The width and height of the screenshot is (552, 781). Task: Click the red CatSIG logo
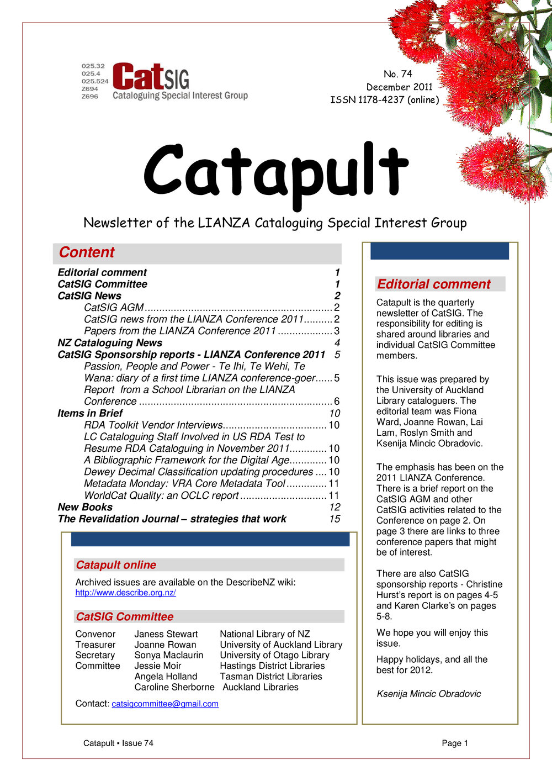150,77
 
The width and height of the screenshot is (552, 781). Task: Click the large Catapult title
275,172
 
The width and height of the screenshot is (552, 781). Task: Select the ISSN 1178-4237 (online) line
385,100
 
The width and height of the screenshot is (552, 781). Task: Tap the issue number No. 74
397,74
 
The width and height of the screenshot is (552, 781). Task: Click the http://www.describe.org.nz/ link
125,593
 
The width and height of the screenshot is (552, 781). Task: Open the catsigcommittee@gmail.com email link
165,704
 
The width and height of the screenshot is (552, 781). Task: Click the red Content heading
87,252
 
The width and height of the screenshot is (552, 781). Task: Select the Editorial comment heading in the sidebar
433,284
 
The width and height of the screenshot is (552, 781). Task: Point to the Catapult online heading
116,565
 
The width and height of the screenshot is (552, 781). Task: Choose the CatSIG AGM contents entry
114,308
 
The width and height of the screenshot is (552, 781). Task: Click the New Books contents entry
85,507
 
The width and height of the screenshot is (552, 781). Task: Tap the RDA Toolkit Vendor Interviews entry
153,425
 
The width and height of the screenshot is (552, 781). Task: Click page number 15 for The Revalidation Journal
335,519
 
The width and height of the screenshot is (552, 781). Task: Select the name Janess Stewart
166,634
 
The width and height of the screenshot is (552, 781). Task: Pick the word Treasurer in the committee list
95,645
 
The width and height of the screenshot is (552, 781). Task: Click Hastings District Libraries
272,666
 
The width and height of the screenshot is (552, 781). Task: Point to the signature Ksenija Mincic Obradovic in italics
428,694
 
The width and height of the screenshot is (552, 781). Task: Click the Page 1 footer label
455,743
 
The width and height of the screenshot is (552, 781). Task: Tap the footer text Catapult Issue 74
118,743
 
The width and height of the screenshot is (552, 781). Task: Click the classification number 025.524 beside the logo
95,81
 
